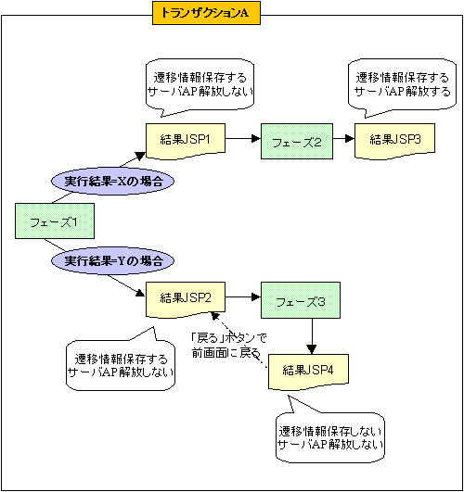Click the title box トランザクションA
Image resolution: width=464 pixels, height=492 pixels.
[207, 14]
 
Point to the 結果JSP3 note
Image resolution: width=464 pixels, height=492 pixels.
[394, 140]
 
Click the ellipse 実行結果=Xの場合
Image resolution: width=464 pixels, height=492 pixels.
[109, 181]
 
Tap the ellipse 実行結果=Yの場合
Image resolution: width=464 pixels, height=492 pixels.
[109, 262]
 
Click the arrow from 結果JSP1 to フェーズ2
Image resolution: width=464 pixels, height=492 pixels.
[243, 140]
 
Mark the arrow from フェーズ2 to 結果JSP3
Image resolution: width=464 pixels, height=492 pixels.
[343, 140]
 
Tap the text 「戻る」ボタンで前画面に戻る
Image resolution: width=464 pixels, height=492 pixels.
[228, 345]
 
